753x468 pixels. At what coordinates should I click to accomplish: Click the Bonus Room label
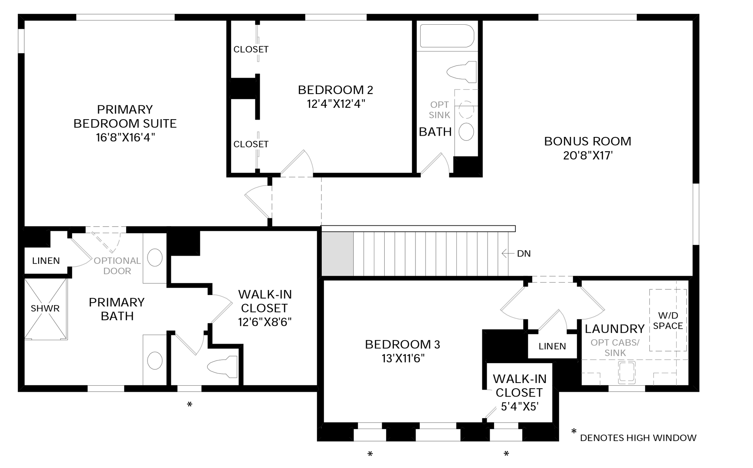[x=587, y=141]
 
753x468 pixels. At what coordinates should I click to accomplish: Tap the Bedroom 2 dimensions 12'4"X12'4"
[x=336, y=104]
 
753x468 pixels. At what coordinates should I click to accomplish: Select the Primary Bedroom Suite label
[x=125, y=116]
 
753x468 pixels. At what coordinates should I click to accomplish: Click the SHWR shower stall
[x=46, y=309]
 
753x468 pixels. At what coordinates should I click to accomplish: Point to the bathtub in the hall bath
[x=447, y=36]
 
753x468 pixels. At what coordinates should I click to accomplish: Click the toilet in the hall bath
[x=462, y=72]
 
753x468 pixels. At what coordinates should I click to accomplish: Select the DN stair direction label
[x=524, y=253]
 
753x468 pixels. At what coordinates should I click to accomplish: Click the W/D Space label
[x=668, y=320]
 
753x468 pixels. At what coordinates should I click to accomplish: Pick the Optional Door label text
[x=117, y=266]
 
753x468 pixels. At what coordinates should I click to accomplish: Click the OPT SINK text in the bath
[x=439, y=110]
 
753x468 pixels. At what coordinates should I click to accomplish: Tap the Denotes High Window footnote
[x=638, y=438]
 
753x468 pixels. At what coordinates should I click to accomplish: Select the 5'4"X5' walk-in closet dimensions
[x=519, y=406]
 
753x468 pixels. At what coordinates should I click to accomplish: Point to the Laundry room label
[x=615, y=329]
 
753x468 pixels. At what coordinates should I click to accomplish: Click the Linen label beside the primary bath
[x=46, y=261]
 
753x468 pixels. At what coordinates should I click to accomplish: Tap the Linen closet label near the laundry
[x=552, y=346]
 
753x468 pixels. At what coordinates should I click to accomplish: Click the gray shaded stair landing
[x=337, y=253]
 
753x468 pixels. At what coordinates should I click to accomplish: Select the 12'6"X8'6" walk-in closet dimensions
[x=265, y=322]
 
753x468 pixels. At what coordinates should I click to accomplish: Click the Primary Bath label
[x=117, y=309]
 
